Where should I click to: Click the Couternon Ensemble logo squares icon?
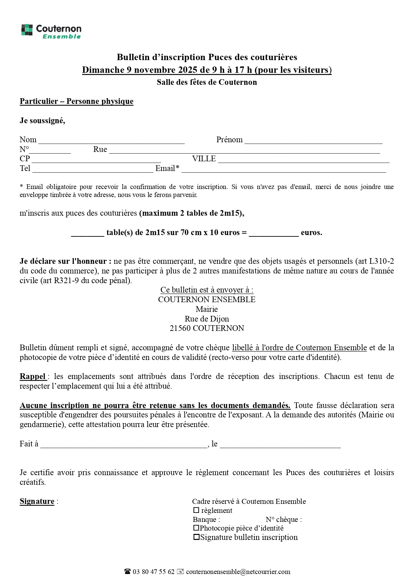27,30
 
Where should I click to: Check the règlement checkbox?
196,510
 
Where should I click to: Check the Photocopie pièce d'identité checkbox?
196,528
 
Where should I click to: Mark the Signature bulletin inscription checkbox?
196,537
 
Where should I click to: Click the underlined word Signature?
37,501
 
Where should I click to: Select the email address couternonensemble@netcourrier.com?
238,572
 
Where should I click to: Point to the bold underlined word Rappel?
33,376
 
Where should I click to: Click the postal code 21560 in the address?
180,328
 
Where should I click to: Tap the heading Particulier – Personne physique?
76,101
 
